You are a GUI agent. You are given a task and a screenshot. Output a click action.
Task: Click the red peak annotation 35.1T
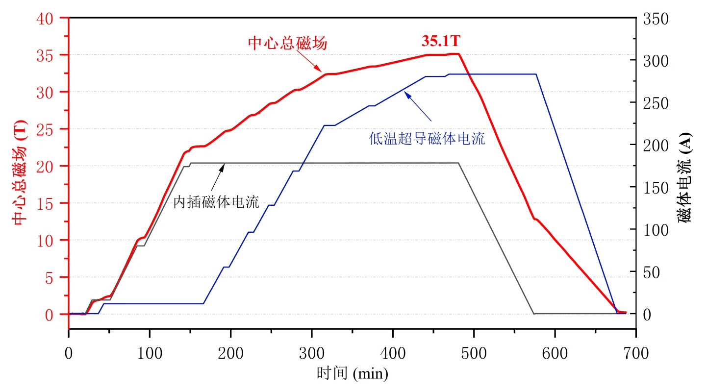click(441, 42)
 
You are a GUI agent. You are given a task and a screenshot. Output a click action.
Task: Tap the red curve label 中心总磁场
click(287, 44)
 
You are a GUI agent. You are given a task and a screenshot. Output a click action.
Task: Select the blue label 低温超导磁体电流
click(427, 139)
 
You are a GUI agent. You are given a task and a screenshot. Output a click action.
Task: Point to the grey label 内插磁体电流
click(216, 202)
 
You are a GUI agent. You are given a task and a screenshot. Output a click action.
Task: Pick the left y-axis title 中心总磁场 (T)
click(20, 172)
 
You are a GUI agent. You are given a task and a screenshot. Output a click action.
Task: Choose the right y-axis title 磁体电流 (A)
click(684, 177)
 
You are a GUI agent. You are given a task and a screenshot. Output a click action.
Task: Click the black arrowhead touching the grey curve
click(222, 167)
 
